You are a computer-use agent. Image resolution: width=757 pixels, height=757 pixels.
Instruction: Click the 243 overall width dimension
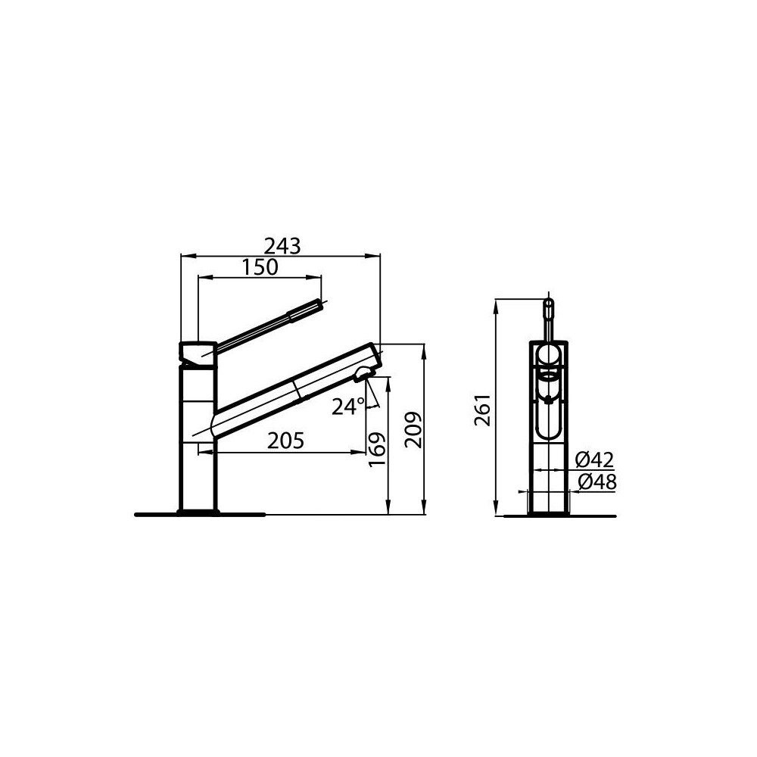[x=282, y=246]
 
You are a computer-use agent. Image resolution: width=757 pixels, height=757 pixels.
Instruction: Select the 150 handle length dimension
[x=261, y=267]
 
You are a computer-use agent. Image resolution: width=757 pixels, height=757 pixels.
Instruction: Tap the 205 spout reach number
[x=285, y=441]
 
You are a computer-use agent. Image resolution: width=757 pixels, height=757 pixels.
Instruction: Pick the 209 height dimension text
[x=412, y=430]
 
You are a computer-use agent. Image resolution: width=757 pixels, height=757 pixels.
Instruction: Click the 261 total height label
[x=484, y=410]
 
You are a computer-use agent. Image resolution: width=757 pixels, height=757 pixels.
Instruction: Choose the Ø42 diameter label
[x=594, y=459]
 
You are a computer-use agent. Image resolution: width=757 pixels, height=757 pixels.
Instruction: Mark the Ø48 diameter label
[x=597, y=481]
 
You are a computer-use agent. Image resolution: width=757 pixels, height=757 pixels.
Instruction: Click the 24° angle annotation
[x=347, y=407]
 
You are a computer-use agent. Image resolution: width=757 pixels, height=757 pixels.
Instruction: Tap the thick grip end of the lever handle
[x=307, y=310]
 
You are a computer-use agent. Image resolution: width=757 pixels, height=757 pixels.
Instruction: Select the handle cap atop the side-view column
[x=198, y=353]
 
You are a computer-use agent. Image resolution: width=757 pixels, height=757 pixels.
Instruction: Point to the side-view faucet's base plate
[x=199, y=514]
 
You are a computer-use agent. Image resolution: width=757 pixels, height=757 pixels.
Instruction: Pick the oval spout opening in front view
[x=548, y=375]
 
